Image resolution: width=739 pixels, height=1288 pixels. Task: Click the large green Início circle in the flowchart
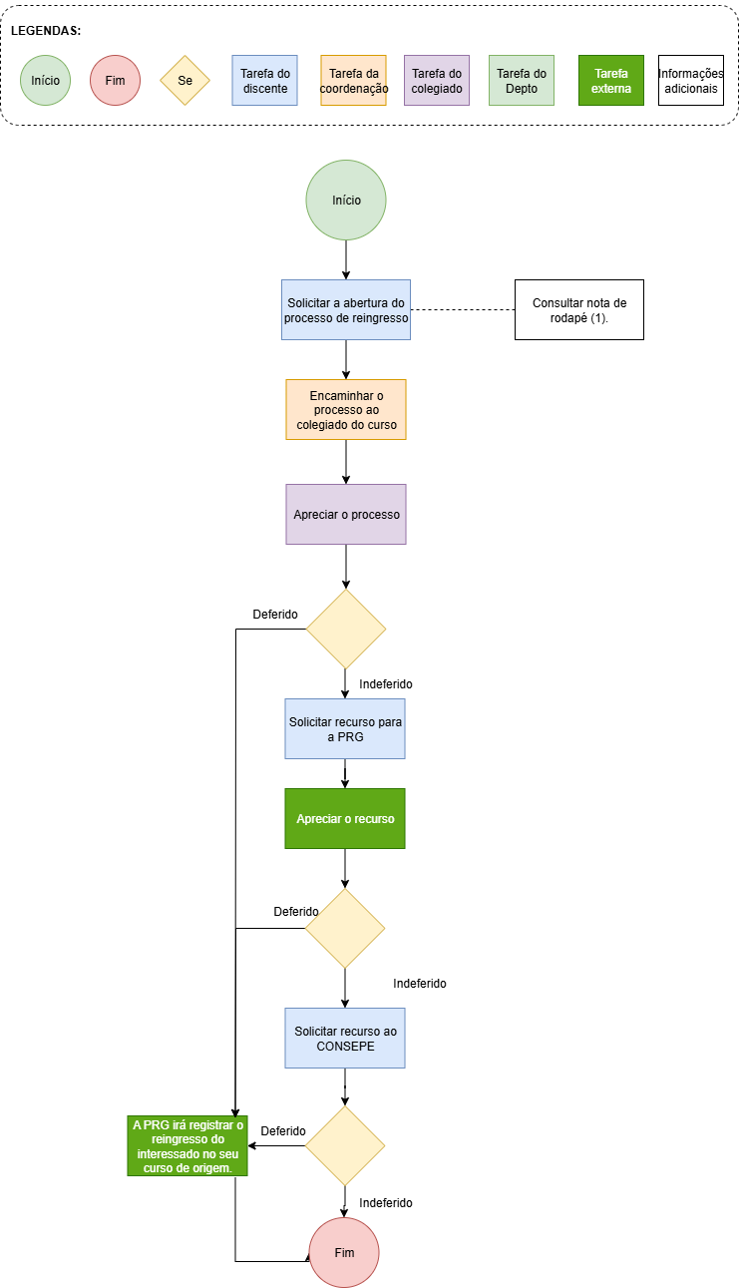346,201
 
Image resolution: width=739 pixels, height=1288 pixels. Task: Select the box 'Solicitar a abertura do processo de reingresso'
346,310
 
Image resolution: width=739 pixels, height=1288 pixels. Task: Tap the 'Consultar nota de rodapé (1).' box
579,310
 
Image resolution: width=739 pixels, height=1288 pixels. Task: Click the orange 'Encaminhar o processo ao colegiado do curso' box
346,410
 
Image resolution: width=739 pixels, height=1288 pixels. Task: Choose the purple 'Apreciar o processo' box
346,514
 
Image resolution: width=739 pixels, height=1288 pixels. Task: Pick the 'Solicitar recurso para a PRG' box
345,729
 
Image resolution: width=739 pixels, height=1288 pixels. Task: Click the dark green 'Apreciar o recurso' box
345,819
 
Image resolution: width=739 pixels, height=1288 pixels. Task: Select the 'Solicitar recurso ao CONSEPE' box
345,1039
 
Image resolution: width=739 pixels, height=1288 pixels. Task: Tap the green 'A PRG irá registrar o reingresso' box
187,1146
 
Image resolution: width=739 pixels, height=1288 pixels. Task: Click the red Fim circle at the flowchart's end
344,1253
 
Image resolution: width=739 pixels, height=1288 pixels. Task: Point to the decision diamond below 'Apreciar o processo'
346,630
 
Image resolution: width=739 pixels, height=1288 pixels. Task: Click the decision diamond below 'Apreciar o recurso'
345,929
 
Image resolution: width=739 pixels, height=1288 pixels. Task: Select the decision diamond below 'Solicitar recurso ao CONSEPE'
345,1146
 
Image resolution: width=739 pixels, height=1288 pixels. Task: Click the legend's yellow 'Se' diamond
185,81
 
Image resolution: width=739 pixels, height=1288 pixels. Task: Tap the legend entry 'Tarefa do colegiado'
437,81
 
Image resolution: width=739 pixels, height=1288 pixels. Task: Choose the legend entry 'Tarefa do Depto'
522,81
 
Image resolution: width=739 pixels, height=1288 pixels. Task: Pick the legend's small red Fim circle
115,81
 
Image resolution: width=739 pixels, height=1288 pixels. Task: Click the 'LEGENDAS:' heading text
46,31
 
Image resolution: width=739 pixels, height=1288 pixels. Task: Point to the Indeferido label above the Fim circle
386,1203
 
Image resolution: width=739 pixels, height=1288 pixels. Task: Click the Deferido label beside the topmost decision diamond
275,615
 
